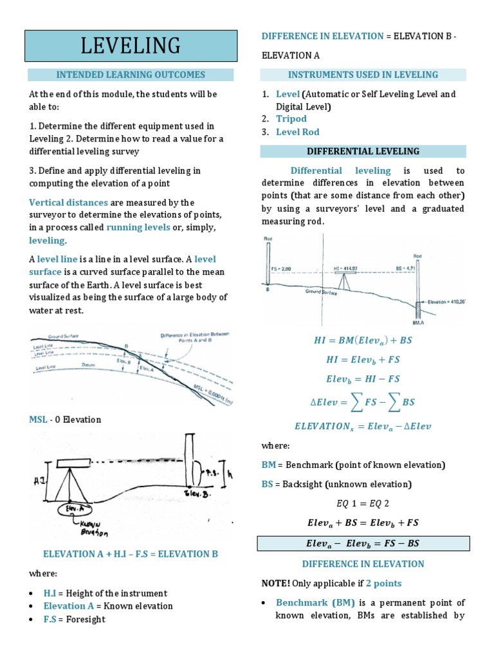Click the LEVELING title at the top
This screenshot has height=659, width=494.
pos(131,46)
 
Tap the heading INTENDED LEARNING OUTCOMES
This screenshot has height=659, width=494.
pos(131,75)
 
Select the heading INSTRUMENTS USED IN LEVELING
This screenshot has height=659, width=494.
pos(363,75)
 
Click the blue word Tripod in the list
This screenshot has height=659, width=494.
pos(291,118)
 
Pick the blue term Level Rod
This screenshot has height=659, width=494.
pos(297,132)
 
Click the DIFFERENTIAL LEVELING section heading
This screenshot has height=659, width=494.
pos(363,151)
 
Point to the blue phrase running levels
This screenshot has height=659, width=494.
pos(138,228)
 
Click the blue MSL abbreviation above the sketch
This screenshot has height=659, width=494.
pos(38,420)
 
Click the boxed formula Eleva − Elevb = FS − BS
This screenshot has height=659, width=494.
pos(362,543)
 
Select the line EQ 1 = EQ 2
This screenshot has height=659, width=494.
pos(363,503)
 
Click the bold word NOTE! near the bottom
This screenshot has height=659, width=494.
pos(275,583)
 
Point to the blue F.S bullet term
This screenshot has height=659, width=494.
pos(50,619)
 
